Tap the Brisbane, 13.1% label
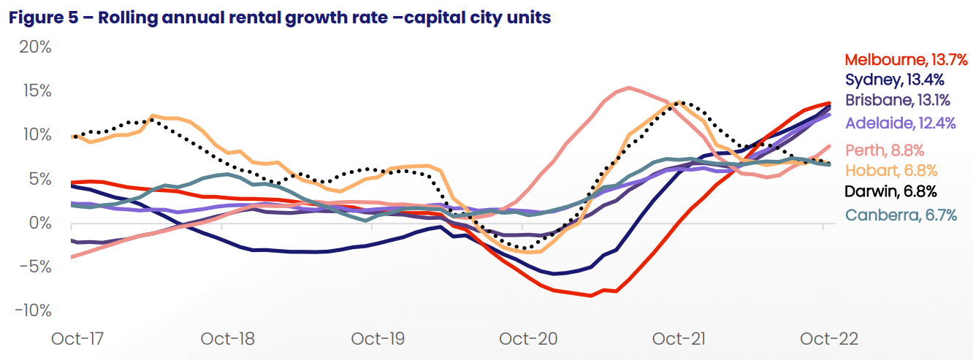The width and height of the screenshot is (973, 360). point(898,100)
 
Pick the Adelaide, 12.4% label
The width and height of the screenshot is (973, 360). point(900,123)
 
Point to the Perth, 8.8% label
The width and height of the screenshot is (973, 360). point(885,150)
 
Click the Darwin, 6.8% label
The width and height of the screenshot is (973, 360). point(890,192)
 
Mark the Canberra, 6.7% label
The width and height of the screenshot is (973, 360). point(900,215)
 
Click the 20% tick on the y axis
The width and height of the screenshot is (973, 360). point(34,47)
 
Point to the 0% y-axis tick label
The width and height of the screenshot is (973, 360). point(39,223)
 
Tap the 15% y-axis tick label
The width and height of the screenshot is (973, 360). point(35,91)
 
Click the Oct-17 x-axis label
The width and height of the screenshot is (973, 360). point(77,340)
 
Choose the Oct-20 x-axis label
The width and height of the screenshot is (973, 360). point(527,340)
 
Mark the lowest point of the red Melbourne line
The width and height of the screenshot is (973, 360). point(590,296)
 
